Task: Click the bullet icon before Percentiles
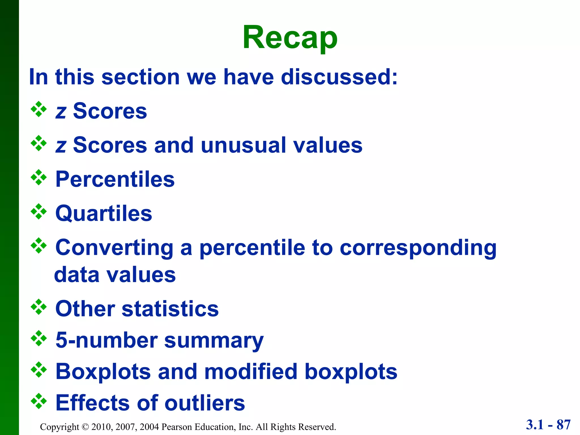tap(39, 178)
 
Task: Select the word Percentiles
tap(115, 179)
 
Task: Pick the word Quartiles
tap(104, 213)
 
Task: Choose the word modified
tap(251, 372)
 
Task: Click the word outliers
tap(205, 403)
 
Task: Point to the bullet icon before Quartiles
tap(39, 212)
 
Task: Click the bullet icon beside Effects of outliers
tap(39, 401)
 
